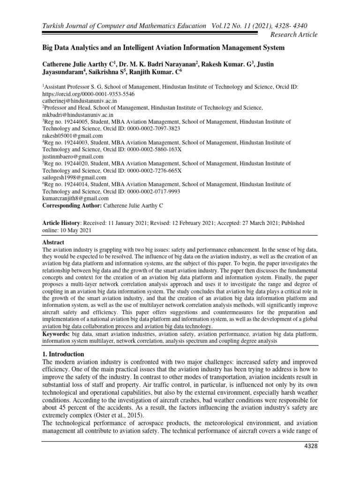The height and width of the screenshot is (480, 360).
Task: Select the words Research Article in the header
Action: pos(291,34)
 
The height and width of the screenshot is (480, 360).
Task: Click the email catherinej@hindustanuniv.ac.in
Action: pos(80,101)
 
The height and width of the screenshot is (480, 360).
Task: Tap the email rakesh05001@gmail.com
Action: pos(73,136)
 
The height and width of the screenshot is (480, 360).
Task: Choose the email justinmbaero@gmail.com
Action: pos(73,157)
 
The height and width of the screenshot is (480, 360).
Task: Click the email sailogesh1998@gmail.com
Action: pos(75,178)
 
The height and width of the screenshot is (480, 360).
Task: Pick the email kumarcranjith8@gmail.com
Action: pos(76,198)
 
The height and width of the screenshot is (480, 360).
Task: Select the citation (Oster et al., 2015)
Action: pos(119,416)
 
